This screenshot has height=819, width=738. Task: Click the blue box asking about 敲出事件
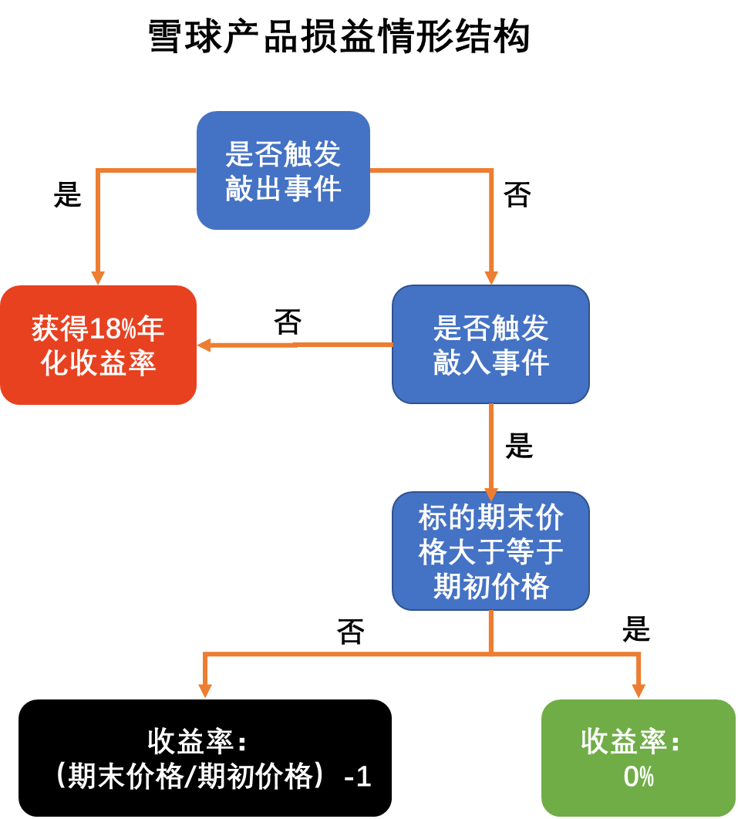283,170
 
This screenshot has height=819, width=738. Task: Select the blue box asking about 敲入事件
490,344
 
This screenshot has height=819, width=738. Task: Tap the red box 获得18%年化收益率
98,345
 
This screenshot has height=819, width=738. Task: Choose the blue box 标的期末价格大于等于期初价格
490,551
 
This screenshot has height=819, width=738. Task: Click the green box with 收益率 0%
638,758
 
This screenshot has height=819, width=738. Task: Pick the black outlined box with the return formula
205,758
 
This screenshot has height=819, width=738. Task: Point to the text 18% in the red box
113,329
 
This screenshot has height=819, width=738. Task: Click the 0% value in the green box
639,777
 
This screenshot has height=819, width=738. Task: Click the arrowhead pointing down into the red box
98,278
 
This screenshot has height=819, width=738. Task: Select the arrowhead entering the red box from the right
204,345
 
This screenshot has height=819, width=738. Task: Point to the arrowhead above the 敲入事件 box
491,278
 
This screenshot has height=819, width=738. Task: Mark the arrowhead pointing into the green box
639,689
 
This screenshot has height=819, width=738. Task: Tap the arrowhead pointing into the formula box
205,689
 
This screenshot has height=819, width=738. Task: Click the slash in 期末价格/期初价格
190,777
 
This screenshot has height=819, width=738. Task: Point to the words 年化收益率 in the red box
98,362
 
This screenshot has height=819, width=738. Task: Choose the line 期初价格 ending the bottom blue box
490,587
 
